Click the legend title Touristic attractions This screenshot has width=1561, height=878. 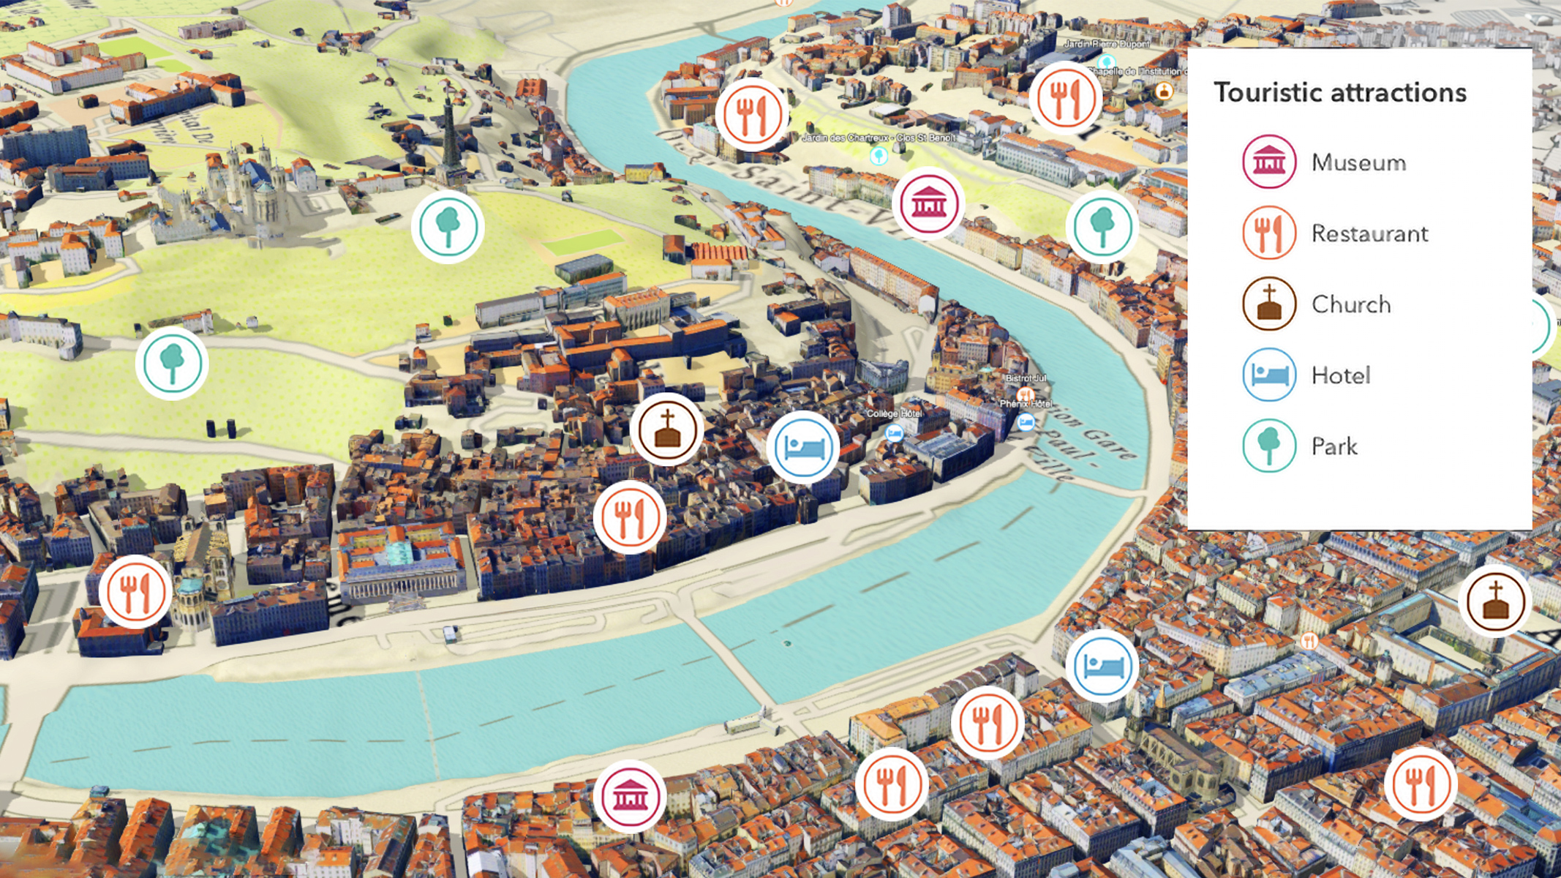(x=1340, y=93)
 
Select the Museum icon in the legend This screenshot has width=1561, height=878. (x=1269, y=162)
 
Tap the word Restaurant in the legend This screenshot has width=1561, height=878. (x=1369, y=233)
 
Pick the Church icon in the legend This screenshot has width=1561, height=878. (x=1269, y=304)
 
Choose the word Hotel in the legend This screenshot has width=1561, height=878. (x=1340, y=375)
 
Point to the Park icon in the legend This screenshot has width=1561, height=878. (x=1269, y=446)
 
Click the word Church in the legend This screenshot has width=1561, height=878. (x=1350, y=304)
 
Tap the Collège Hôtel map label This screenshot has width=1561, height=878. (x=894, y=414)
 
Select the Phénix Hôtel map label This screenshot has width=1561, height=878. (x=1026, y=404)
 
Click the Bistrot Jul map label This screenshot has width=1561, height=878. (x=1026, y=378)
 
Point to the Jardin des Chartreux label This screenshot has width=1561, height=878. (x=878, y=138)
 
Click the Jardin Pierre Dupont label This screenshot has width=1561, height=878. (x=1106, y=44)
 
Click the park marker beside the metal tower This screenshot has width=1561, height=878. (x=448, y=227)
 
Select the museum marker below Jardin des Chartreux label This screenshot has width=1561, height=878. (x=928, y=204)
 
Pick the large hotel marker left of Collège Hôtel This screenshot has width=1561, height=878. (x=803, y=447)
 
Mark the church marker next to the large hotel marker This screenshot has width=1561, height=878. (x=666, y=429)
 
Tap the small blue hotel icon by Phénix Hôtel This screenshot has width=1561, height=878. (x=1026, y=422)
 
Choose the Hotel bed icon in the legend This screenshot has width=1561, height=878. (x=1269, y=375)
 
